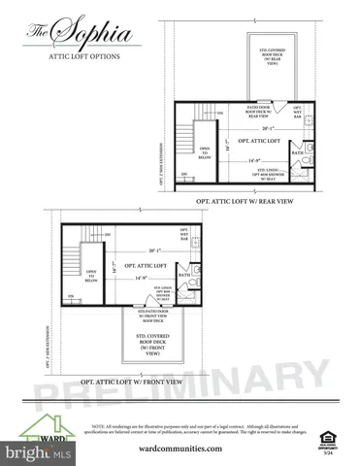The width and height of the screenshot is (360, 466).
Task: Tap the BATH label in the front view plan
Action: pyautogui.click(x=183, y=275)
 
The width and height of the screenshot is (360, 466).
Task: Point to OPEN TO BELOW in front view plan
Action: pyautogui.click(x=91, y=276)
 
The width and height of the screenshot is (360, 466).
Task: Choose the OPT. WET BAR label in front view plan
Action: pyautogui.click(x=183, y=235)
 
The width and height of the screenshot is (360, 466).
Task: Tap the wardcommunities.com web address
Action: pyautogui.click(x=180, y=449)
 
